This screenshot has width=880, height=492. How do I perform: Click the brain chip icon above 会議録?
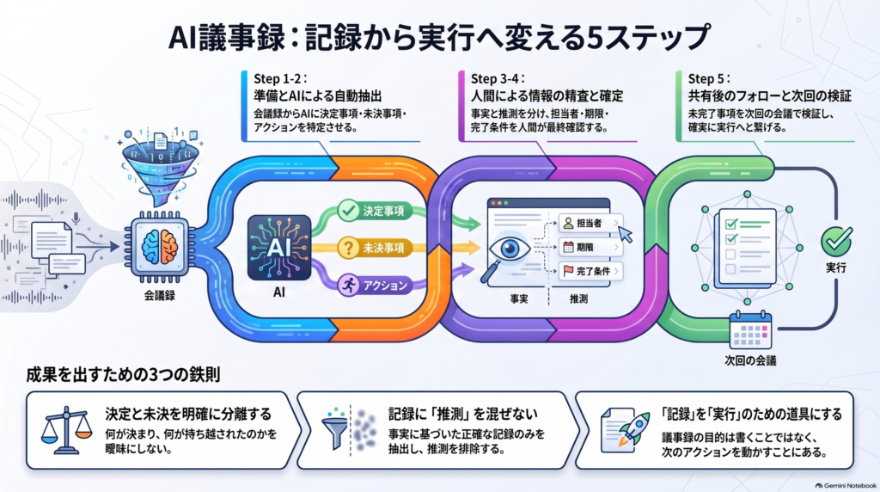(x=159, y=247)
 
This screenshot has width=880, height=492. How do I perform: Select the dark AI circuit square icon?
(x=279, y=248)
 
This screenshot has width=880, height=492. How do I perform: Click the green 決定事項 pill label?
(x=375, y=212)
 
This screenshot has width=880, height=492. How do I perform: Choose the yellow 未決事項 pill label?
(x=375, y=248)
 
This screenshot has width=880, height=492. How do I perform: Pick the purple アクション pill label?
(x=375, y=286)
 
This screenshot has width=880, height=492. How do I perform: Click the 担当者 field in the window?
(x=590, y=224)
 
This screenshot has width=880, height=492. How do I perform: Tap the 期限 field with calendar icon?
(x=590, y=247)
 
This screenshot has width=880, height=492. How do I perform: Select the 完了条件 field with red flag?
(x=590, y=271)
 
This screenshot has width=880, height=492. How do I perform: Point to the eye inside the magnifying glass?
(x=510, y=249)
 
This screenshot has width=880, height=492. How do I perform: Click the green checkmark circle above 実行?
(x=836, y=240)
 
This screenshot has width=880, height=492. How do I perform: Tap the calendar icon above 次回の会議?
(x=750, y=331)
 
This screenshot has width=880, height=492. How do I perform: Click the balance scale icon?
(x=67, y=431)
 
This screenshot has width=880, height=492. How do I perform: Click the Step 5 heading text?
(x=709, y=78)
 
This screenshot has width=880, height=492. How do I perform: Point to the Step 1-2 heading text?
(x=280, y=78)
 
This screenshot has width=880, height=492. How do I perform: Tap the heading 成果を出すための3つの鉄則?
(x=123, y=375)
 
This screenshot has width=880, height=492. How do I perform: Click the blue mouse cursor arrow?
(x=626, y=234)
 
